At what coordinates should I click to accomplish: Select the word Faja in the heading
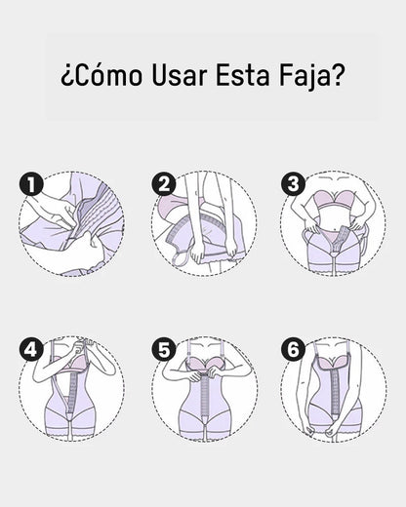[304, 76]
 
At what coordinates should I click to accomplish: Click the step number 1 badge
[32, 183]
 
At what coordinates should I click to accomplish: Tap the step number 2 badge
[164, 183]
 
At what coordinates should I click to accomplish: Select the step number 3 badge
[293, 183]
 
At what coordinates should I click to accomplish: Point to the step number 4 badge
[32, 348]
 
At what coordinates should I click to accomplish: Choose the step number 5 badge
[164, 348]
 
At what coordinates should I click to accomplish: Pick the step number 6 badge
[293, 348]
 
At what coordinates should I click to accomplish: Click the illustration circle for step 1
[73, 224]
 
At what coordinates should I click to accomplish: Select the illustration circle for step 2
[204, 224]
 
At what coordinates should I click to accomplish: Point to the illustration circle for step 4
[73, 390]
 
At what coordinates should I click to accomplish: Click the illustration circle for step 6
[333, 390]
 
